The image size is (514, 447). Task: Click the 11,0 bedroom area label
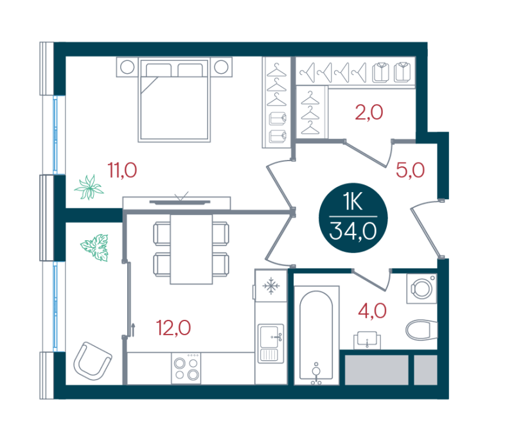pos(122,170)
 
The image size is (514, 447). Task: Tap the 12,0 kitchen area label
pos(173,328)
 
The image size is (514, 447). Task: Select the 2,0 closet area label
pos(369,112)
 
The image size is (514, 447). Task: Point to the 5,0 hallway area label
pos(410,170)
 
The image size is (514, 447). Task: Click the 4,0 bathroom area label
pos(372,311)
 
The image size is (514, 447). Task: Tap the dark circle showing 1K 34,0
pos(353,218)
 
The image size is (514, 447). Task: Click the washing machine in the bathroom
pos(422,288)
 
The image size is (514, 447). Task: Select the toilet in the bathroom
pos(421,329)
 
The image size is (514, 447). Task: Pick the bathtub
pos(316,335)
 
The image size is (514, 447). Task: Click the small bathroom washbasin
pos(367,340)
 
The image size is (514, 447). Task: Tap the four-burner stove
pos(186,369)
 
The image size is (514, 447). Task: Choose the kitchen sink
pos(270,343)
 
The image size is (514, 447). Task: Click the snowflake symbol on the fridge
pos(271,286)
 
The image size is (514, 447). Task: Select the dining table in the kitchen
pos(191,249)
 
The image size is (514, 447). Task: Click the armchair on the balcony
pos(93,361)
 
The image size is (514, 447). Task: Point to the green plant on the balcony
pos(95,247)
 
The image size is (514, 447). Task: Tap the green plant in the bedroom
pos(89,188)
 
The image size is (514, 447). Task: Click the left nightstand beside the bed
pos(127,67)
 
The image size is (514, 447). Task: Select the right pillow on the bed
pos(190,70)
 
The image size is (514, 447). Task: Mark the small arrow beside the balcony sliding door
pos(134,330)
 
